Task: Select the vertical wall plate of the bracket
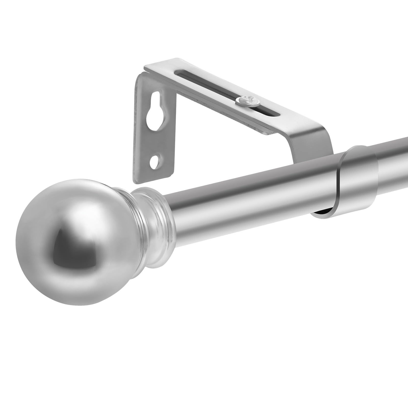153,133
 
